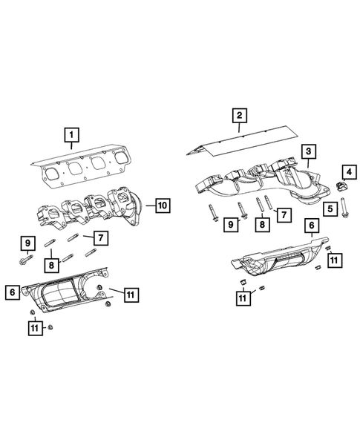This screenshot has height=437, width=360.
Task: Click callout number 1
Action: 71,135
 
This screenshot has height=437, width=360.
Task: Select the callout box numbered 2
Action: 239,115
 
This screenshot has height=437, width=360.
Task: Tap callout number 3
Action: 307,152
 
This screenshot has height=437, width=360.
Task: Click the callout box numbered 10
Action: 163,204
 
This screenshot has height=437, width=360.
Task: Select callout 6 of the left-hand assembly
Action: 13,292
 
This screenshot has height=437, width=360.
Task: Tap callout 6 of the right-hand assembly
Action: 312,224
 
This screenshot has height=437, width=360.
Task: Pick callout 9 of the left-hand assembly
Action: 27,243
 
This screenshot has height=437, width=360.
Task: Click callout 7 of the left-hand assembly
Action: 98,237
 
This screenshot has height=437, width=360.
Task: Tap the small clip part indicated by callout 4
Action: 341,185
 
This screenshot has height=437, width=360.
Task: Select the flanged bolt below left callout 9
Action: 27,260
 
